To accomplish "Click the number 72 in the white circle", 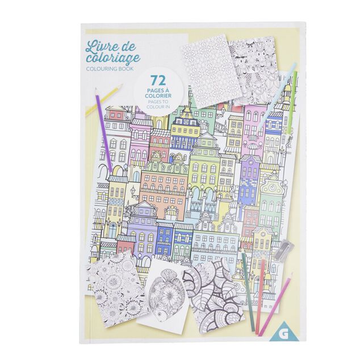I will (158, 81).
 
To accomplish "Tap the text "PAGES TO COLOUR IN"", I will (158, 107).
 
